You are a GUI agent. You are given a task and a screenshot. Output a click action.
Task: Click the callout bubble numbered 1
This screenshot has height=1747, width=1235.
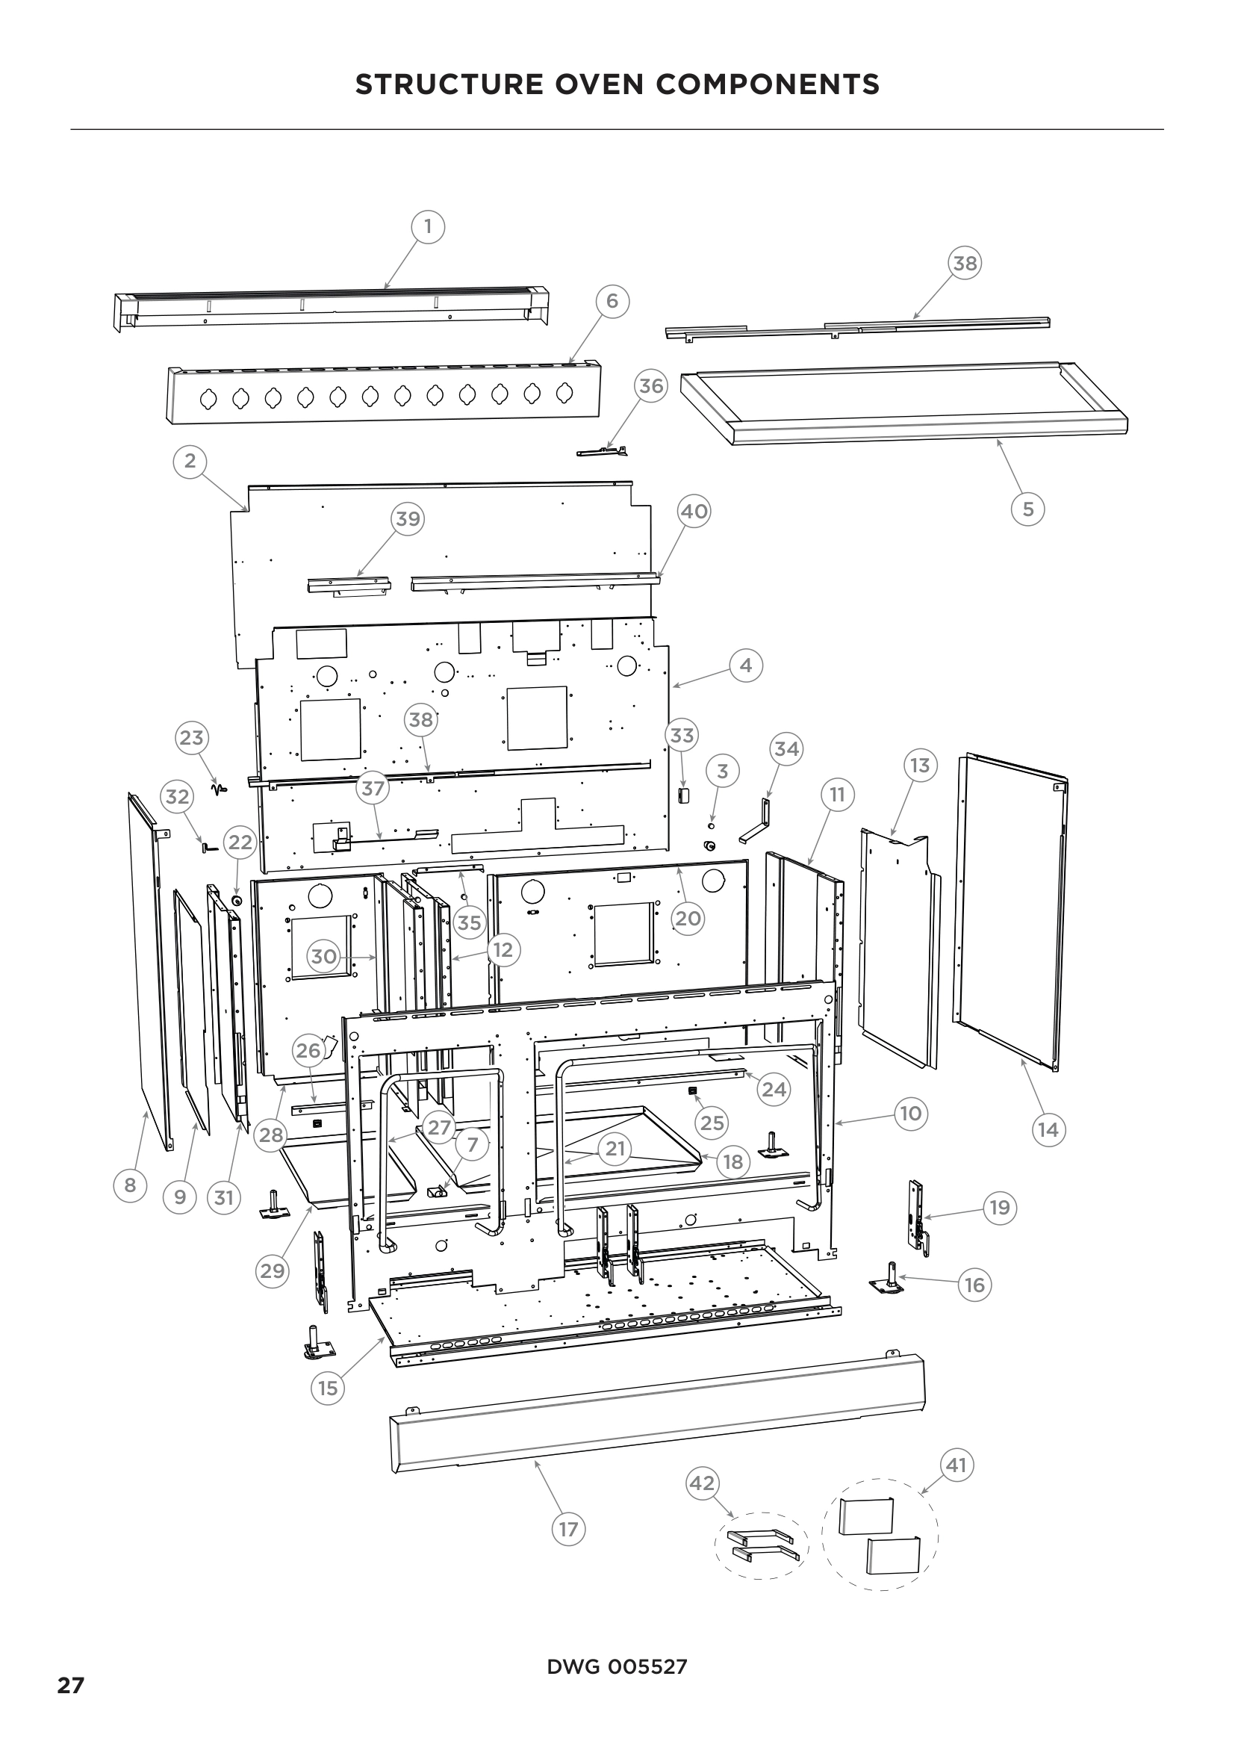coord(427,227)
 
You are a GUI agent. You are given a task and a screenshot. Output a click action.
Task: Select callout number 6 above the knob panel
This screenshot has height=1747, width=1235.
coord(612,301)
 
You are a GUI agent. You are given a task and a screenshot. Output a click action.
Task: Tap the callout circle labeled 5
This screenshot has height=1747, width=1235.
coord(1028,509)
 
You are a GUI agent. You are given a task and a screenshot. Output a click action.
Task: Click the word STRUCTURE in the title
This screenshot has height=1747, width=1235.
coord(449,84)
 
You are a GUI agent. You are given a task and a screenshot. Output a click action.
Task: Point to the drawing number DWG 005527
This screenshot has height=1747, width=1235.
coord(617,1666)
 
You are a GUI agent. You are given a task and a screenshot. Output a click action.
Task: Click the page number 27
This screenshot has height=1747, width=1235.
coord(71,1685)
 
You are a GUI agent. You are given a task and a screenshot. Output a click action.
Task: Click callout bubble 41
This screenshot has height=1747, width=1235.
coord(956,1465)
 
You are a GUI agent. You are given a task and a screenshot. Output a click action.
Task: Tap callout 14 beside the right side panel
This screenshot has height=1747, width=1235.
coord(1048,1129)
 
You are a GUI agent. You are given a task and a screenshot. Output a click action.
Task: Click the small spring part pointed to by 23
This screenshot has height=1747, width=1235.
coord(220,789)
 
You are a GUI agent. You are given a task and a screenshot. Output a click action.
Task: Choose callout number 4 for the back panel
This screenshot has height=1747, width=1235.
coord(745,665)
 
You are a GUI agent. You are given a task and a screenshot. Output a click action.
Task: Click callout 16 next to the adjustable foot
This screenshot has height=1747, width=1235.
coord(975,1285)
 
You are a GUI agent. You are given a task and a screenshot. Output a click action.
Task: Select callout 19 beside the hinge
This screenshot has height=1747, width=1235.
coord(999,1208)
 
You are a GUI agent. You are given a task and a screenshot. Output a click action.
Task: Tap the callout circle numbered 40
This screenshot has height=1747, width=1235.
coord(694,512)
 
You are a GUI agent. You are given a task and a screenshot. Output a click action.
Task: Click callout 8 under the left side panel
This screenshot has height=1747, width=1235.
coord(130,1185)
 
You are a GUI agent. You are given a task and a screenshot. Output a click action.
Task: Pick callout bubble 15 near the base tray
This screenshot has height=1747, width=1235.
coord(327,1388)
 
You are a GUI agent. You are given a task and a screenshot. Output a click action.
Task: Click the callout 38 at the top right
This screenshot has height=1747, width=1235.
coord(965,263)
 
